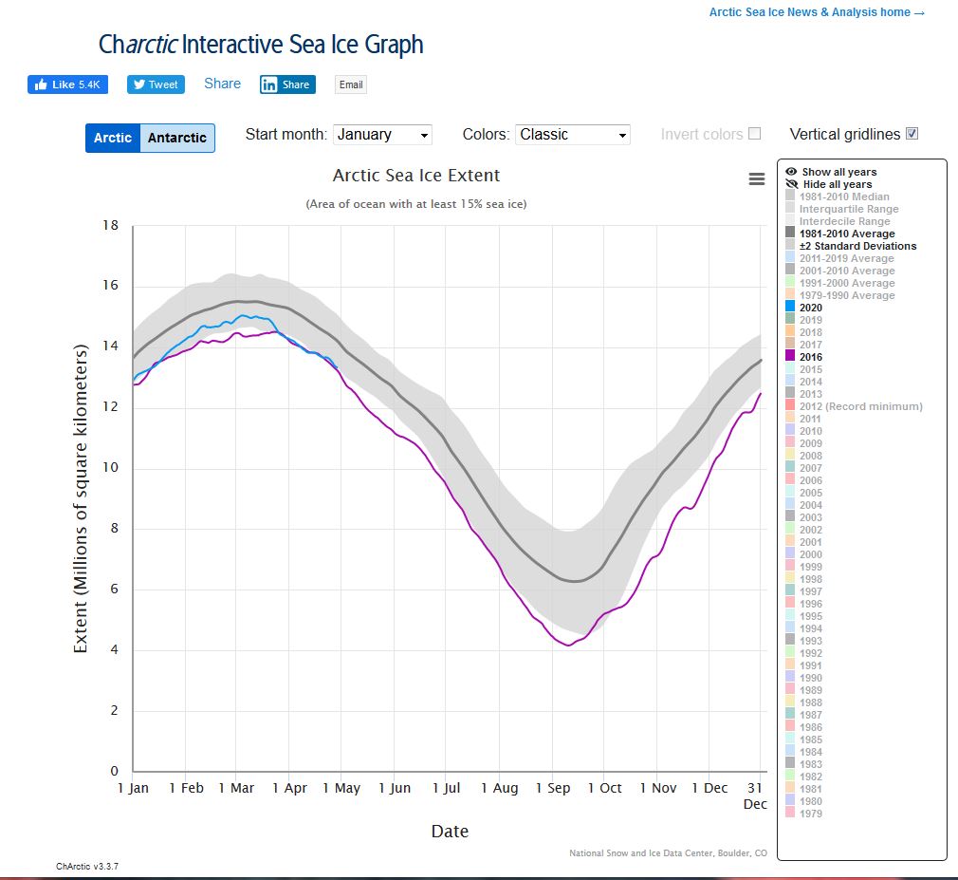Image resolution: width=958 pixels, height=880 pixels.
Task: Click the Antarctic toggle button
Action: pos(177,138)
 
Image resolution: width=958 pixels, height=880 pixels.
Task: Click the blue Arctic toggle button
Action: pos(113,138)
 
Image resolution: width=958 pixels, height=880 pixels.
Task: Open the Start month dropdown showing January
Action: pos(383,135)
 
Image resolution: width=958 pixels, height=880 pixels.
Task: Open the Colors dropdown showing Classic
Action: pos(573,135)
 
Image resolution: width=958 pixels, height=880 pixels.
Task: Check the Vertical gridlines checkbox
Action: pos(912,134)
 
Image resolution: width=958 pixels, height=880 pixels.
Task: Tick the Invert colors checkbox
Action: pos(754,134)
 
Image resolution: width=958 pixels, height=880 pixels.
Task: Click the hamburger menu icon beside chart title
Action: pos(756,179)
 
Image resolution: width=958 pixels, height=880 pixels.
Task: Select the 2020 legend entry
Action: pos(810,308)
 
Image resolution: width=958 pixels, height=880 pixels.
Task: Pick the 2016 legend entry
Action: pos(810,357)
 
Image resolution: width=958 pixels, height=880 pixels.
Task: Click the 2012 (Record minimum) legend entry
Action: pos(859,406)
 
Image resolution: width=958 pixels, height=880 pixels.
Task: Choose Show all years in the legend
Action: pos(838,172)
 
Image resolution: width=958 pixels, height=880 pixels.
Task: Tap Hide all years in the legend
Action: pos(837,184)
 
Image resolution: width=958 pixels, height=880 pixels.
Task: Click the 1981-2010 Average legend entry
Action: pos(846,234)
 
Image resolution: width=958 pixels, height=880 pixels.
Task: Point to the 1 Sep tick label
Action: pos(553,788)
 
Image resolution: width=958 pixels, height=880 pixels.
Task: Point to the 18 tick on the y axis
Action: pos(110,226)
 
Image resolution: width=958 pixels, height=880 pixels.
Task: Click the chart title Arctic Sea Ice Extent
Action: pos(416,176)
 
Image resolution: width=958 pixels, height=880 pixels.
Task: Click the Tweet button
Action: pos(156,84)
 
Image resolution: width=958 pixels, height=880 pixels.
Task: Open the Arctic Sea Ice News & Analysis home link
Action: pos(816,12)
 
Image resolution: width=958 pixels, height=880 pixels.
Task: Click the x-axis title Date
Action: pos(450,832)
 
